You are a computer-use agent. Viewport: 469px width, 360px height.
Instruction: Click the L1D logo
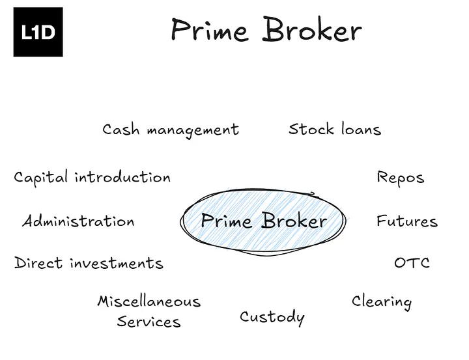(38, 33)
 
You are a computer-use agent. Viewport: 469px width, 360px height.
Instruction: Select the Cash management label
(171, 130)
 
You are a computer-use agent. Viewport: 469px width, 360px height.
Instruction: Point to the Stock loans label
(335, 129)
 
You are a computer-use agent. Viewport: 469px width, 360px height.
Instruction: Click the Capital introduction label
(92, 178)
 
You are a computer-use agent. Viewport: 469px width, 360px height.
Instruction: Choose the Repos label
(400, 178)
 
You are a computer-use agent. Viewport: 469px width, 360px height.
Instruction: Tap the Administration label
(78, 221)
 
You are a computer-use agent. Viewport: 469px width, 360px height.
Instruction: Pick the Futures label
(406, 221)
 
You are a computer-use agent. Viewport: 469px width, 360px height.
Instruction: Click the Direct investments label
(89, 263)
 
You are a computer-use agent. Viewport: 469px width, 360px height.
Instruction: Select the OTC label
(412, 263)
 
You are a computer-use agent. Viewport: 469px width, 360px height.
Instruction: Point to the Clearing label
(382, 301)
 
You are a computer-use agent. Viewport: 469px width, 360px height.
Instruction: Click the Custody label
(272, 317)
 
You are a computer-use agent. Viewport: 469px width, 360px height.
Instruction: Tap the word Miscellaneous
(149, 301)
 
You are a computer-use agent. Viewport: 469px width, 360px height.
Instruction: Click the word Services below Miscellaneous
(149, 322)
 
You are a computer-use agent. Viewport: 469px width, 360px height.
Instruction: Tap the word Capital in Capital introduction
(42, 178)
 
